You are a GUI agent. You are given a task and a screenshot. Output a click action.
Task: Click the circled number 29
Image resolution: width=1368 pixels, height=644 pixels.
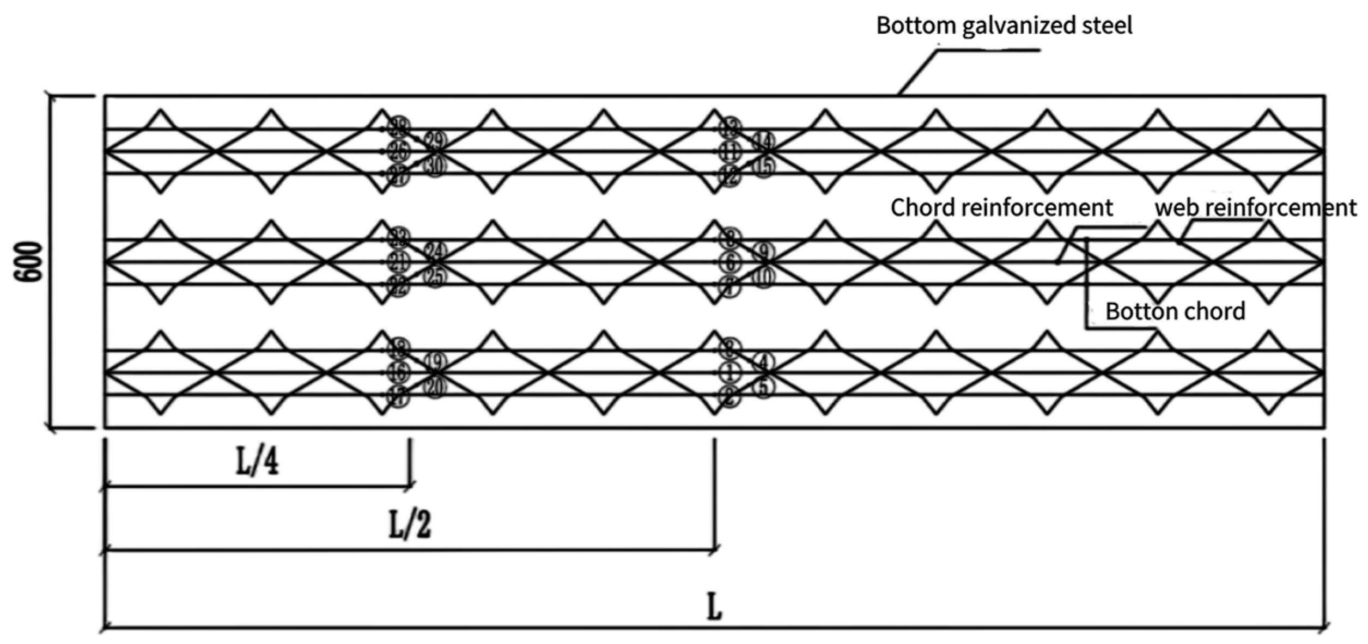click(435, 142)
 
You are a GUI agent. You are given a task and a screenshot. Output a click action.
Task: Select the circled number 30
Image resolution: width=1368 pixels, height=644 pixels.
click(435, 166)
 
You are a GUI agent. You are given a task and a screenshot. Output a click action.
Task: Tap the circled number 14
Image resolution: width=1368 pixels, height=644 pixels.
click(763, 142)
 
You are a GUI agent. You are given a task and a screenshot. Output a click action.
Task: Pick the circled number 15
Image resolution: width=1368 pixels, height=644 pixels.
click(763, 167)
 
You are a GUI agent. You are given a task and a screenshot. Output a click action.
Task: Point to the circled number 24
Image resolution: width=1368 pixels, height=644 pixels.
click(435, 252)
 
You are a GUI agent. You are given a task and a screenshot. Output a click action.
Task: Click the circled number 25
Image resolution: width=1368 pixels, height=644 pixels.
click(435, 277)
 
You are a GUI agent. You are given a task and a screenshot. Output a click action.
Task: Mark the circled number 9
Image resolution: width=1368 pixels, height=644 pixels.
click(763, 252)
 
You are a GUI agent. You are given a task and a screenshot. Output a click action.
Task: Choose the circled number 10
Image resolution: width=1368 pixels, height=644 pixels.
click(763, 278)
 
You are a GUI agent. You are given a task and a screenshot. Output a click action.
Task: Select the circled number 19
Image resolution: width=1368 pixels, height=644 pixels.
click(435, 361)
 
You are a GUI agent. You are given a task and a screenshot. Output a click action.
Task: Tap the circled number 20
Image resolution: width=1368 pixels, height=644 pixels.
click(435, 388)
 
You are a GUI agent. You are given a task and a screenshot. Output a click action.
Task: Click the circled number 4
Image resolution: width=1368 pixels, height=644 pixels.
click(763, 361)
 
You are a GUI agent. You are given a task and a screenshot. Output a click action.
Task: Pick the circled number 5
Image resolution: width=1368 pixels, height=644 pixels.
click(763, 388)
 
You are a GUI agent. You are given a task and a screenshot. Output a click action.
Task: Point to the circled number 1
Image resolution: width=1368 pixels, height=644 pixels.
click(729, 373)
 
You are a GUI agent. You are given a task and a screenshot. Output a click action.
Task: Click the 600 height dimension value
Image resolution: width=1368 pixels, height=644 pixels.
click(28, 262)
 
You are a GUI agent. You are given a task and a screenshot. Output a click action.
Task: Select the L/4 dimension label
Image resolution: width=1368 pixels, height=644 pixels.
click(257, 463)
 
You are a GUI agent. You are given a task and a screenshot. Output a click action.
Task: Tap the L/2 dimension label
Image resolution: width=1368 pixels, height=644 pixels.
click(410, 525)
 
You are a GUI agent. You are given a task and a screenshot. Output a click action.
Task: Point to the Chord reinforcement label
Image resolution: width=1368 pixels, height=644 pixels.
click(1001, 207)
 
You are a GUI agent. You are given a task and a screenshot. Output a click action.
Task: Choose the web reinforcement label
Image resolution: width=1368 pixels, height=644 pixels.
click(1255, 207)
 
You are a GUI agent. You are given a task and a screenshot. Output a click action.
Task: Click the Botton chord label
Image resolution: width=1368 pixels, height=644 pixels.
click(1175, 311)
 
